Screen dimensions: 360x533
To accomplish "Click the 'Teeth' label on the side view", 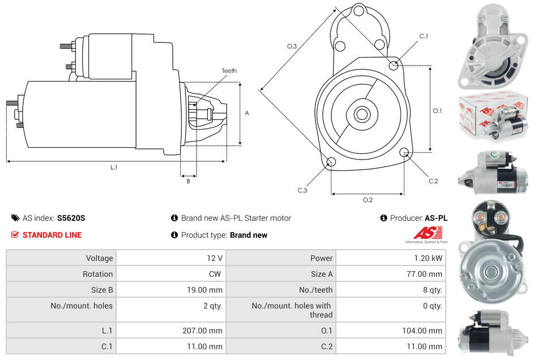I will click(229, 71).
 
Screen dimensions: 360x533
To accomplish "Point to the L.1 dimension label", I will click(114, 167).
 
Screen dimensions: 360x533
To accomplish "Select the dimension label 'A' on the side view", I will click(247, 113).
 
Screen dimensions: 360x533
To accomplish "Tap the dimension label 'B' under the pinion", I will click(189, 181).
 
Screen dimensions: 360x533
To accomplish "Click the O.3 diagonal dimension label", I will click(292, 46).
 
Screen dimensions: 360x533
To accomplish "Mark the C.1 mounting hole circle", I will click(394, 66).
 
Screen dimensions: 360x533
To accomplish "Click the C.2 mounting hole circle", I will click(404, 152).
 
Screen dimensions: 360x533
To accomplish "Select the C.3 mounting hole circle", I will click(331, 163).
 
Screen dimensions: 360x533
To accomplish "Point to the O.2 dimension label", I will click(368, 200).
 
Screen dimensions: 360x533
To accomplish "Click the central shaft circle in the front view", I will click(361, 114).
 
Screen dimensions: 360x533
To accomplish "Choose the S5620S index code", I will click(71, 218).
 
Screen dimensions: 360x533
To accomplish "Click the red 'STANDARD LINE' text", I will click(52, 235).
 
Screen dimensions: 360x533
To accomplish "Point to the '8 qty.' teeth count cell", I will click(432, 290).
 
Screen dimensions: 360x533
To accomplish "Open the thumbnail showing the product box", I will click(493, 117).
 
